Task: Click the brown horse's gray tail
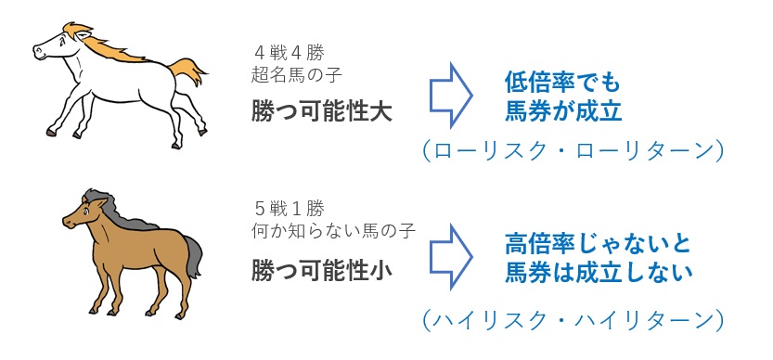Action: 192,255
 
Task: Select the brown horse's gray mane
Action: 116,210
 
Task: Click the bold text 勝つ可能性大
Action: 321,112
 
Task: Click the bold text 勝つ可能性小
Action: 321,270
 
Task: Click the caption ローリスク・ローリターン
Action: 570,151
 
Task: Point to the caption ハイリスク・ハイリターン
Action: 570,320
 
